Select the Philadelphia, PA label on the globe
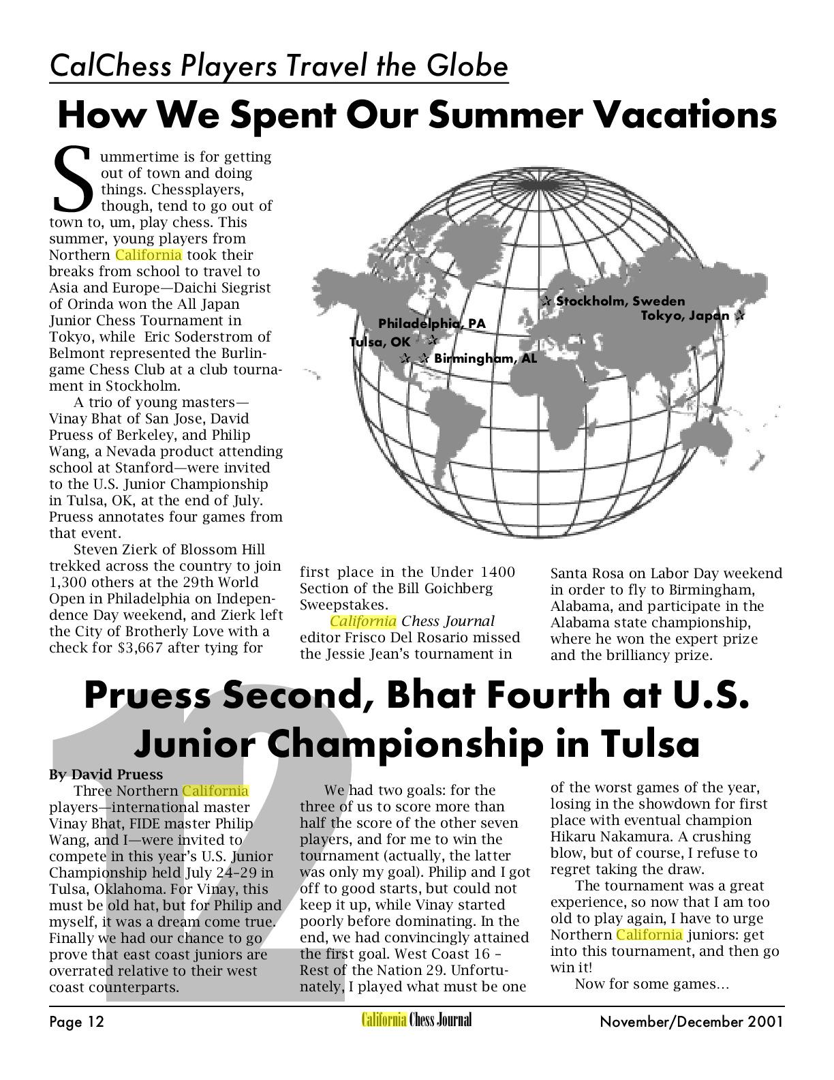pyautogui.click(x=432, y=323)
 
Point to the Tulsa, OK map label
pyautogui.click(x=380, y=342)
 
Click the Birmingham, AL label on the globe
pyautogui.click(x=485, y=358)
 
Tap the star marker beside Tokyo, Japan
pyautogui.click(x=740, y=316)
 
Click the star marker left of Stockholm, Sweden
pyautogui.click(x=546, y=301)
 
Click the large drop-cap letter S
pyautogui.click(x=72, y=179)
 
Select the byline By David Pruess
pyautogui.click(x=106, y=775)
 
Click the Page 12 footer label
pyautogui.click(x=76, y=1021)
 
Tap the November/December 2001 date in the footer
pyautogui.click(x=692, y=1021)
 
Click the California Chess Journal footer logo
pyautogui.click(x=416, y=1020)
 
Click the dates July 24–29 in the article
pyautogui.click(x=229, y=873)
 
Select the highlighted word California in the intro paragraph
pyautogui.click(x=149, y=255)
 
